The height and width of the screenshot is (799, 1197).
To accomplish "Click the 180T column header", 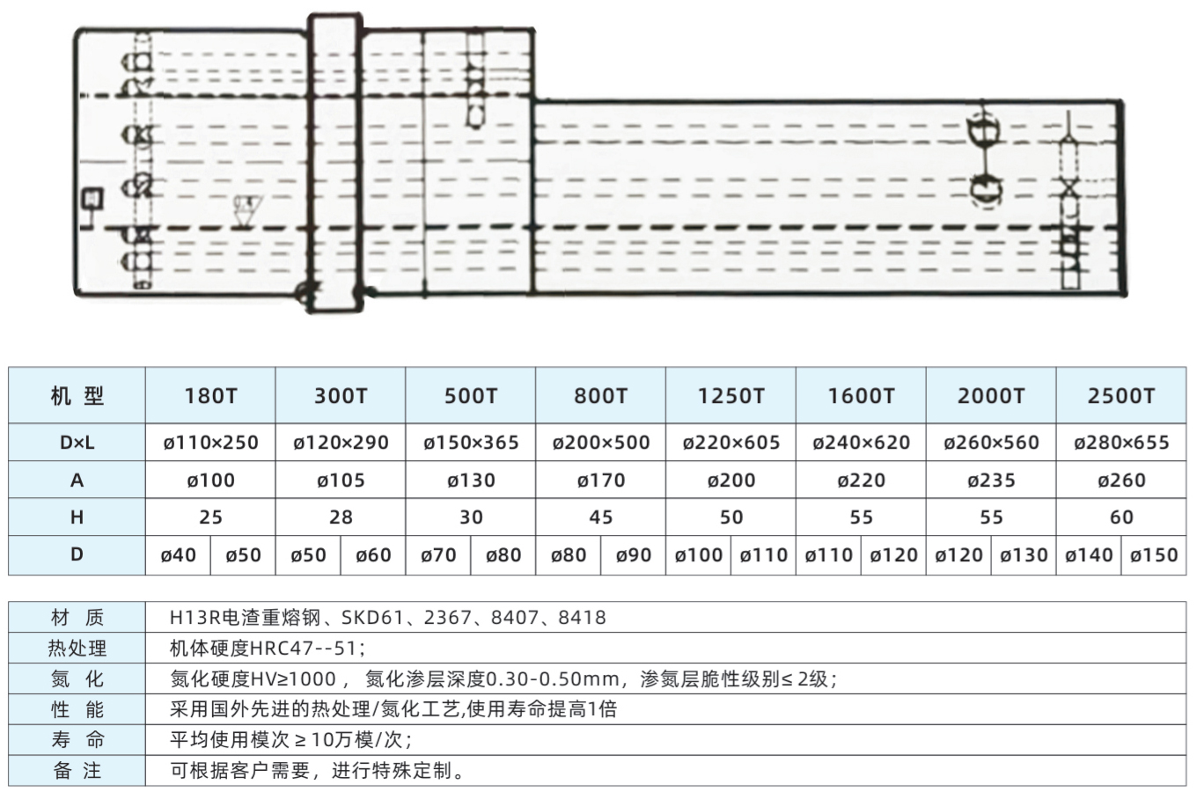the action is tap(210, 396).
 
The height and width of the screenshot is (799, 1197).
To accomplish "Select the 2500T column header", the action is tap(1121, 396).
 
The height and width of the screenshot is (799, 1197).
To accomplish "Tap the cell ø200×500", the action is tap(601, 443).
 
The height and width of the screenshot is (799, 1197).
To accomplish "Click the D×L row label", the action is tap(77, 443).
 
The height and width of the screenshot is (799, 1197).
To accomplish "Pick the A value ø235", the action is tap(991, 480).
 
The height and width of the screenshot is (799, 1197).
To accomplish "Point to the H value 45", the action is tap(601, 517).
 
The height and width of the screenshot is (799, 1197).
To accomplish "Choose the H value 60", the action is tap(1121, 517).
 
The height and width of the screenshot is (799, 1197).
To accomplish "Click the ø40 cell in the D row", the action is tap(178, 555).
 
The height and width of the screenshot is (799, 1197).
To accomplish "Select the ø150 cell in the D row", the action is tap(1154, 555).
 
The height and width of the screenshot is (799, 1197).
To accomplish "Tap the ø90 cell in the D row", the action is tap(633, 555).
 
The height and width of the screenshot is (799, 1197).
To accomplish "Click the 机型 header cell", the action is tap(77, 396).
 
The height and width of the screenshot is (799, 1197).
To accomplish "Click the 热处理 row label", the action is tap(77, 648).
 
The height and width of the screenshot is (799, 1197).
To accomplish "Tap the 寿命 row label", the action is tap(77, 740).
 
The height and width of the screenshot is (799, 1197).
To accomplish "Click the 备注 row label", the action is tap(77, 770).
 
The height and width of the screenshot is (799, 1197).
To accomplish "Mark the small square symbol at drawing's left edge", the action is tap(92, 199).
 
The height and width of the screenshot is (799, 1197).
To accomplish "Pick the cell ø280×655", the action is tap(1121, 443).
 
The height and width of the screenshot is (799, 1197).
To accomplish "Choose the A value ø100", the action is tap(210, 480).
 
